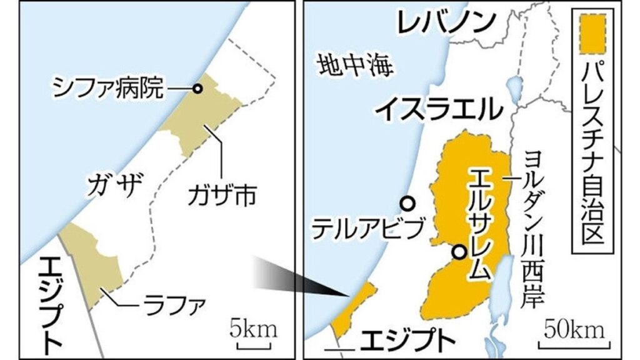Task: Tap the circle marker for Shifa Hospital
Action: coord(197,89)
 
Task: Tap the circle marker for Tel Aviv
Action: coord(407,203)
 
